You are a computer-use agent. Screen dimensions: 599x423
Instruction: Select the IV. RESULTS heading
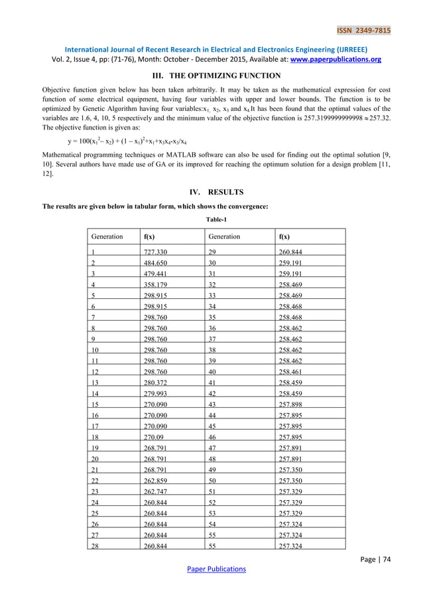[x=211, y=193]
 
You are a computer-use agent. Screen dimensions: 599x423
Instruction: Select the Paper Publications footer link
[x=211, y=568]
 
